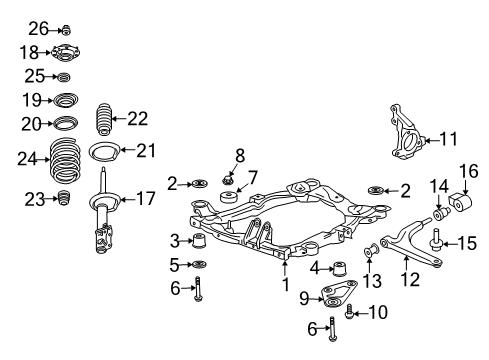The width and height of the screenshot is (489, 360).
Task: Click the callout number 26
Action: [x=37, y=27]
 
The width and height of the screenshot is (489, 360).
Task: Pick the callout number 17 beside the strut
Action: [x=146, y=199]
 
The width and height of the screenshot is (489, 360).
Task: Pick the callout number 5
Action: [x=175, y=265]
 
